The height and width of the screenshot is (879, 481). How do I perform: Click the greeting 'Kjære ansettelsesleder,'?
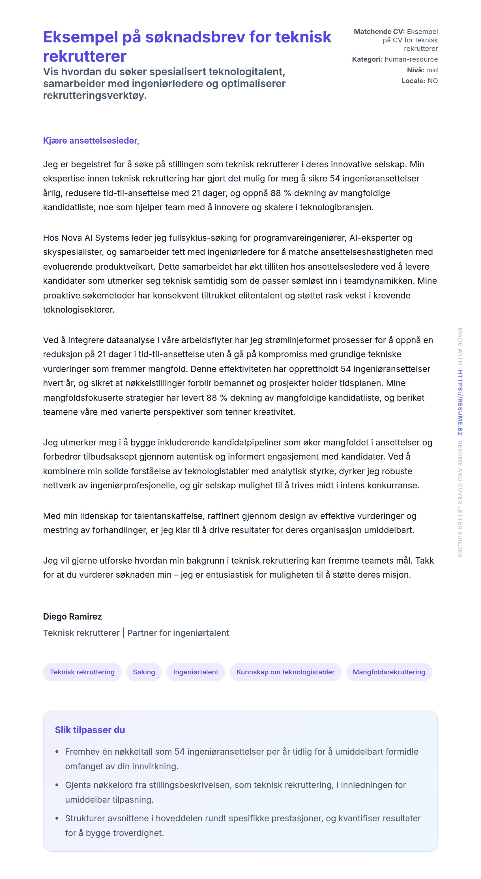[91, 140]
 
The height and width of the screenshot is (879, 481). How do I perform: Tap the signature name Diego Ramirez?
[72, 616]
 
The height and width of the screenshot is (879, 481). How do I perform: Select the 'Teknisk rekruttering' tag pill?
[82, 672]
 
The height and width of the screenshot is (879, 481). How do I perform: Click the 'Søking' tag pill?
[144, 672]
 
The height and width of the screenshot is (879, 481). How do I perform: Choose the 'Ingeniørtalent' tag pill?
[196, 672]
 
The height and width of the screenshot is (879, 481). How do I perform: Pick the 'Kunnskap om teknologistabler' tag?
[285, 672]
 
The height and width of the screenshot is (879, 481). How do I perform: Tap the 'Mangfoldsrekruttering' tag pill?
[389, 672]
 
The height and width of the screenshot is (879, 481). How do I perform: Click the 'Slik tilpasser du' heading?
[90, 730]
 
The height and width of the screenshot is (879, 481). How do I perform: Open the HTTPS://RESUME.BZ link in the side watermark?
[460, 403]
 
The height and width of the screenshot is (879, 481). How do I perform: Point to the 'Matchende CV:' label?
[379, 32]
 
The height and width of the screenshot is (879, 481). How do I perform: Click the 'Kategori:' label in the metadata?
[367, 59]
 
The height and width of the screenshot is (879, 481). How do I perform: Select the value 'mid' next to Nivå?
[432, 70]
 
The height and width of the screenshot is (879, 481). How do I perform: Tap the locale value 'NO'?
[433, 81]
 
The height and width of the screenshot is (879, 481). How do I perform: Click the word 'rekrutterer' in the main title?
[85, 56]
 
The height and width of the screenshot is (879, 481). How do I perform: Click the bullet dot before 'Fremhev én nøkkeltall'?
[57, 752]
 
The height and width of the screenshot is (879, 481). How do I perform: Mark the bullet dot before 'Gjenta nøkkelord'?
[57, 785]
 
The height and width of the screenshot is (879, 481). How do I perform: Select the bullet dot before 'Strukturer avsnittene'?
[57, 819]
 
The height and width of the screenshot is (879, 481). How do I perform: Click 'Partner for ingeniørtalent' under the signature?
[178, 633]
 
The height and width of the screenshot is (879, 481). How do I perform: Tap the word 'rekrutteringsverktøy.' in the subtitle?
[95, 96]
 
